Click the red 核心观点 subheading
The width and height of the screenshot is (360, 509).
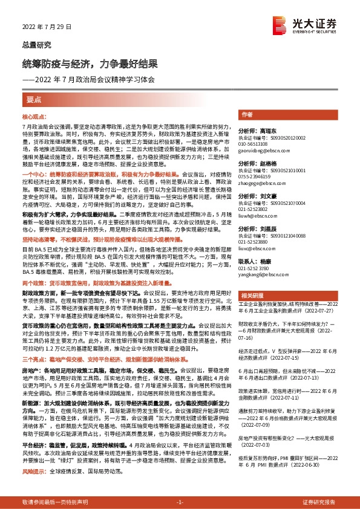point(34,115)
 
